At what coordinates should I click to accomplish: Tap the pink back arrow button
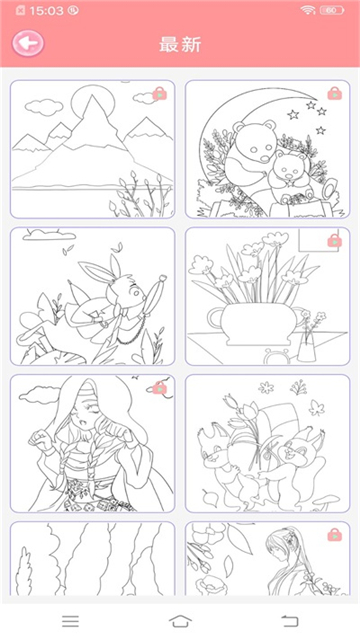pos(28,43)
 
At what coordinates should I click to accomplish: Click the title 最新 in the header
pos(180,44)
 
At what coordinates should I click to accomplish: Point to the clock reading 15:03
pos(47,11)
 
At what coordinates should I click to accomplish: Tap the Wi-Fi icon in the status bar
pos(308,10)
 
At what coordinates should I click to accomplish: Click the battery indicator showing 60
pos(331,11)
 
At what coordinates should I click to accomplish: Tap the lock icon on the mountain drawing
pos(160,94)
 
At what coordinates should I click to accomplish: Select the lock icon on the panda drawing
pos(335,93)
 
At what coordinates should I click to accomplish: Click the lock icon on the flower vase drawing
pos(335,240)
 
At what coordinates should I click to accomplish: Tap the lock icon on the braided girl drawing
pos(160,388)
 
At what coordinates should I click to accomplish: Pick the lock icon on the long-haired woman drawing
pos(335,535)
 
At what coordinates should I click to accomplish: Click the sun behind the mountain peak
pos(93,102)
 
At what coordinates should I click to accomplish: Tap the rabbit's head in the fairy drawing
pos(127,291)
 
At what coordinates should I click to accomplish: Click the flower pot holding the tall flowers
pos(253,324)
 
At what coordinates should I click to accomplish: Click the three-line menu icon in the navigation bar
pos(71,621)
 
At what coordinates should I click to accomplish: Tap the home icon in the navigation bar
pos(180,621)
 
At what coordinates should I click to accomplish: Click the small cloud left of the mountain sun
pos(44,106)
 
